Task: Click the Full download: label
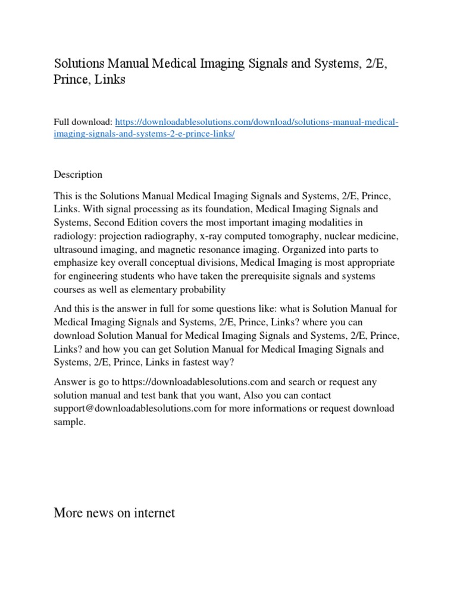click(82, 123)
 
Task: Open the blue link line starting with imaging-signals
click(145, 134)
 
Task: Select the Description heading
click(78, 174)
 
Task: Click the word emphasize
click(76, 262)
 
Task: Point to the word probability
click(201, 289)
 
